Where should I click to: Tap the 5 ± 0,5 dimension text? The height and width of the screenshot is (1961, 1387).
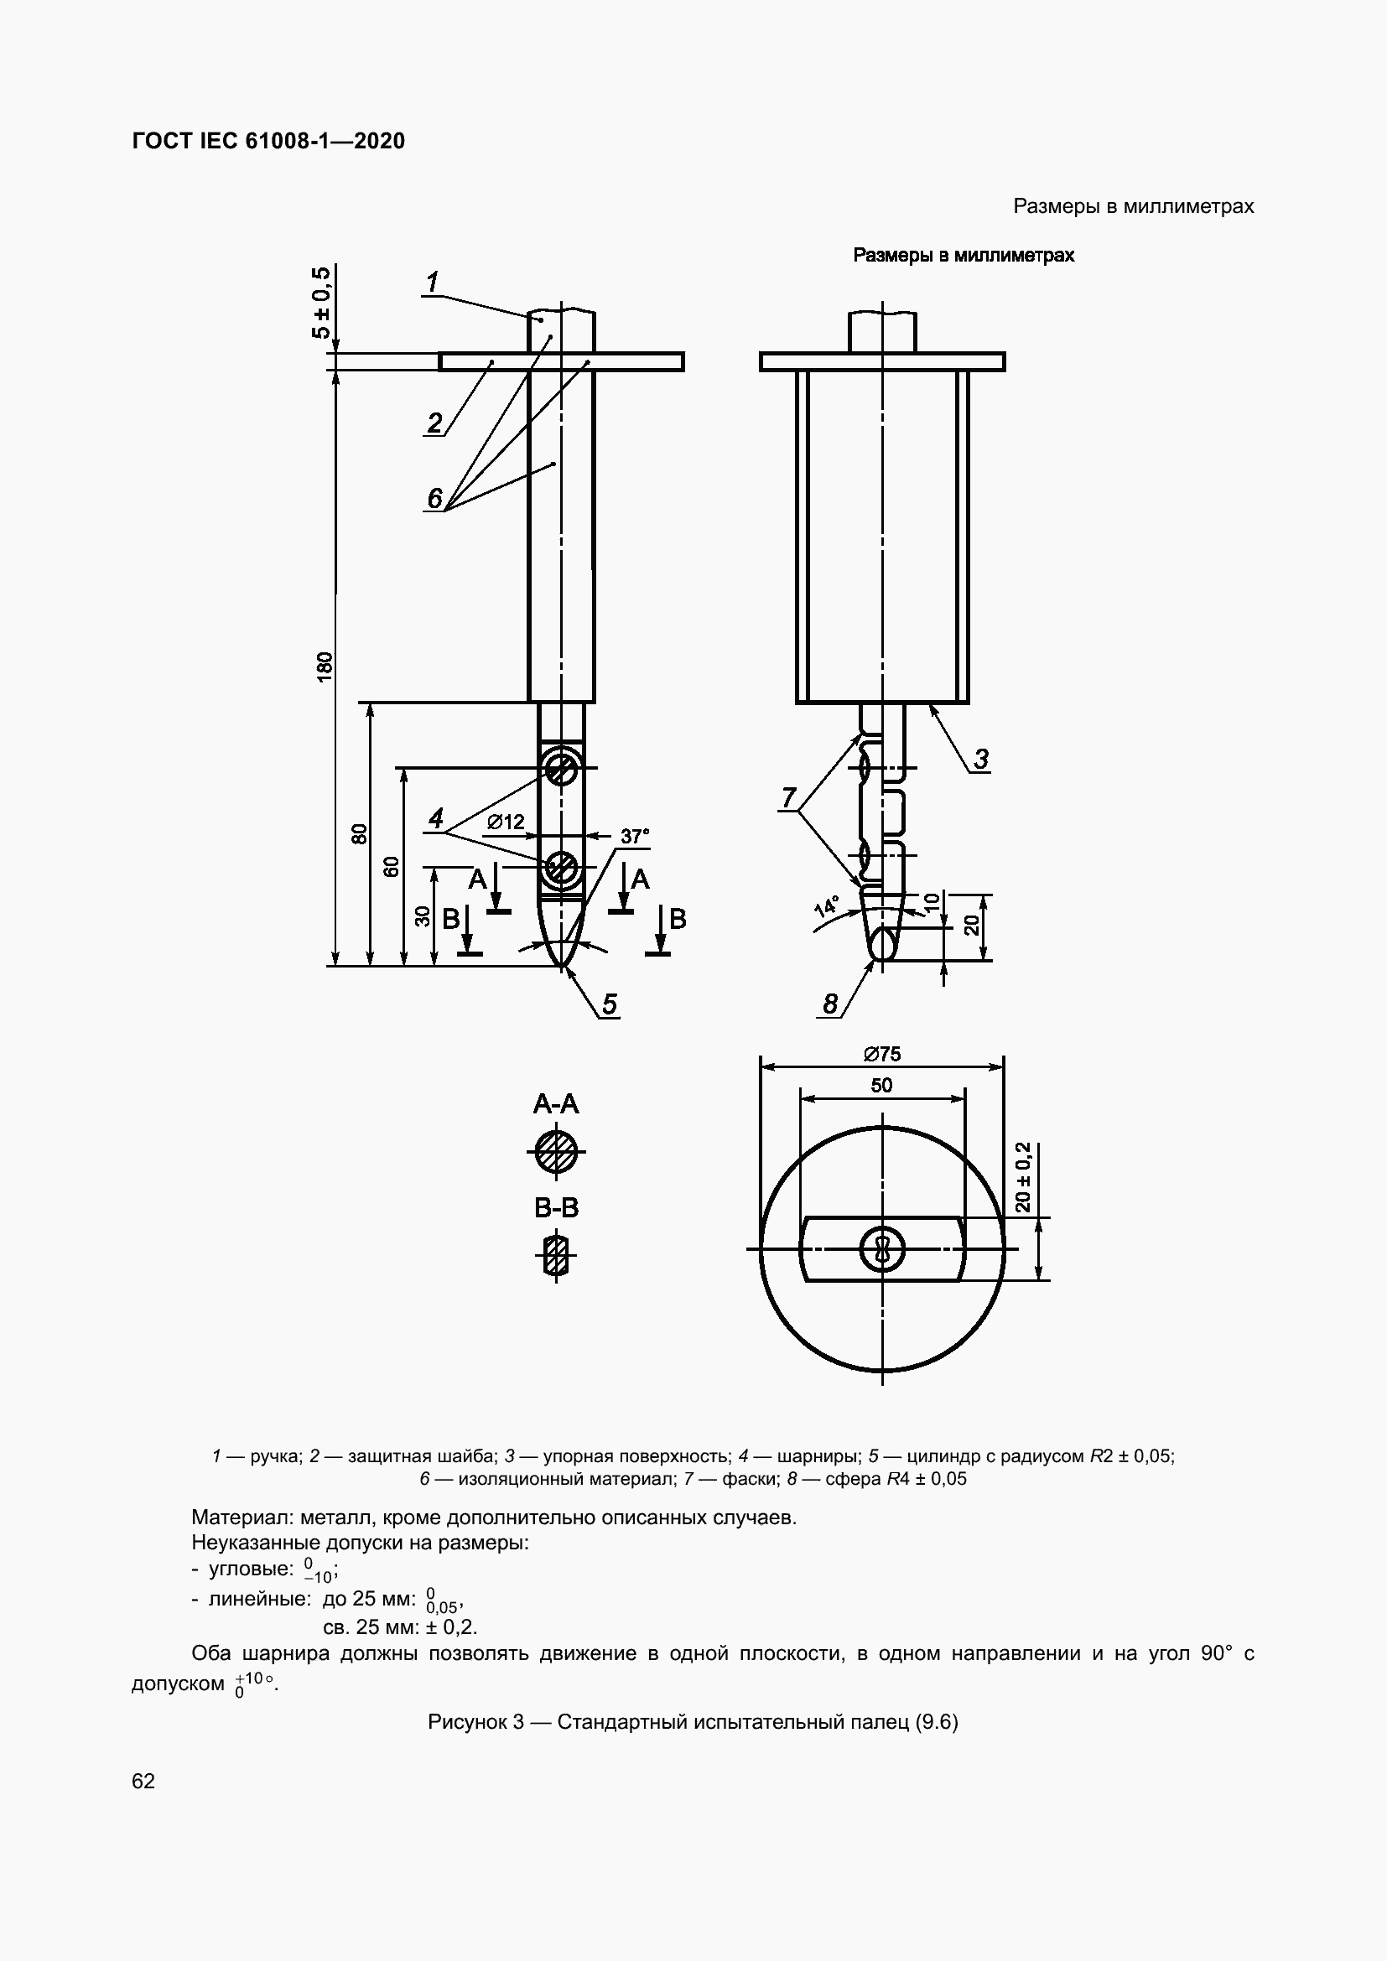point(322,303)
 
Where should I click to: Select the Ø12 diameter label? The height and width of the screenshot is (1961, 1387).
point(506,822)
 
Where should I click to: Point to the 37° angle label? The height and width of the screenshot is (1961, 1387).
point(635,836)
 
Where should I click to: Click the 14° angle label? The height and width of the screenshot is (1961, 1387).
point(826,906)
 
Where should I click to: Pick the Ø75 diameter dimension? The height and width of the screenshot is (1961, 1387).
point(881,1054)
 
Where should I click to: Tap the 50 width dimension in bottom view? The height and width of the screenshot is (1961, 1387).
point(881,1085)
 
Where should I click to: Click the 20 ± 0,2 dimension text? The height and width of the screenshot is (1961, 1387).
point(1024,1176)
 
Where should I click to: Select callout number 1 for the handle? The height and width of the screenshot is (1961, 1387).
point(433,281)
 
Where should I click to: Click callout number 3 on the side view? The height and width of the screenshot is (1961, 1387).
point(981,759)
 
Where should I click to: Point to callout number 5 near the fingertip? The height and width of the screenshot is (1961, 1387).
point(609,1004)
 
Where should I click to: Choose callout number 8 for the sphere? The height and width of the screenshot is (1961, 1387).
point(831,1004)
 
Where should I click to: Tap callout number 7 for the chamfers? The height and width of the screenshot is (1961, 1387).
point(788,797)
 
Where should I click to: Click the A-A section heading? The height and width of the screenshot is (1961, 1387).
point(556,1104)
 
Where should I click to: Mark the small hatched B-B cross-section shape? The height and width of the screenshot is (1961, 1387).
point(556,1255)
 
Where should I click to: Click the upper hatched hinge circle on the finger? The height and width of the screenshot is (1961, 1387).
point(561,769)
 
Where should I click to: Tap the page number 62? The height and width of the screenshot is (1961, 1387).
point(143,1780)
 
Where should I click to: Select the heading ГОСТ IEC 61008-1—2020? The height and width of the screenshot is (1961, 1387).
point(268,141)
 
